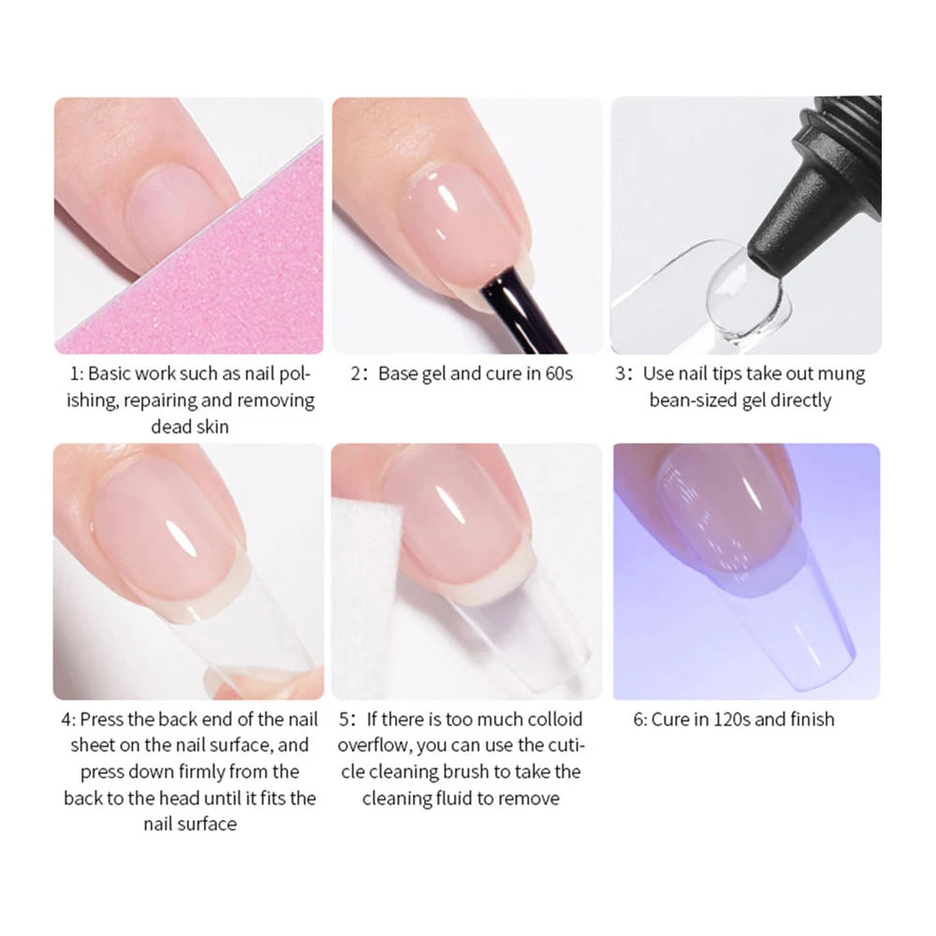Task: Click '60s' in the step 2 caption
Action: coord(559,373)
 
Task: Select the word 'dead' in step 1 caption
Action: coord(168,427)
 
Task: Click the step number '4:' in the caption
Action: coord(68,719)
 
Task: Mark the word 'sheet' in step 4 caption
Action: coord(93,746)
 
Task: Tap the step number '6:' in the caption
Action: coord(640,719)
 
